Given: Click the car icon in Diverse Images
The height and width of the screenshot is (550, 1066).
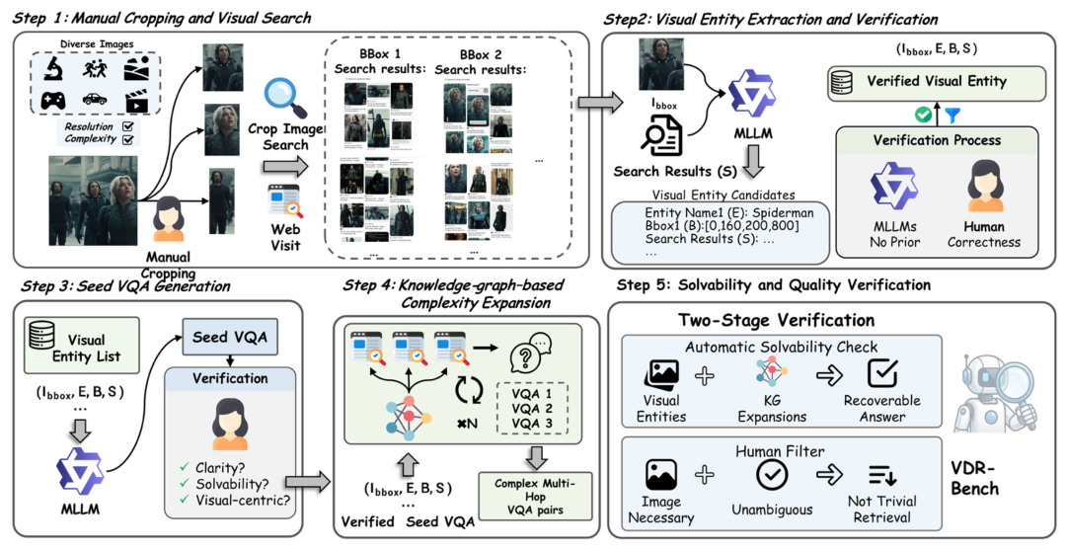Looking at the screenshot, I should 94,102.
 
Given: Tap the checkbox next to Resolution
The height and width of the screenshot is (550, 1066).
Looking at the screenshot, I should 127,126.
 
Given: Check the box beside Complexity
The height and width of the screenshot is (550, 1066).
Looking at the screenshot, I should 127,139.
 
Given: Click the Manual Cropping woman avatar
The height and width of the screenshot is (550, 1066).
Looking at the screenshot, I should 165,218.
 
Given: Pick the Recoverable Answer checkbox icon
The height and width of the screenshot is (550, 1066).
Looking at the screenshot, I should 879,374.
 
